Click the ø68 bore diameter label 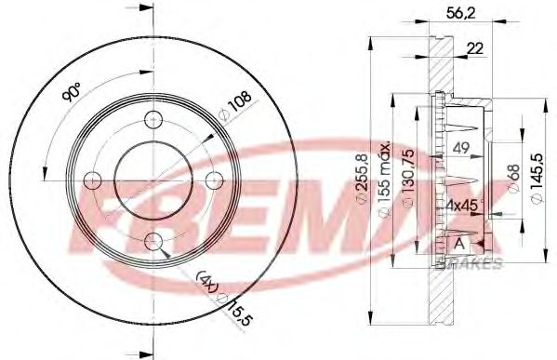pyautogui.click(x=511, y=178)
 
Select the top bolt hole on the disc pyautogui.click(x=154, y=120)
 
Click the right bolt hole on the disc pyautogui.click(x=215, y=180)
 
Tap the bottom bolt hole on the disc pyautogui.click(x=154, y=242)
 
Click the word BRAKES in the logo pyautogui.click(x=475, y=264)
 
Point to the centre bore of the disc pyautogui.click(x=153, y=180)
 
